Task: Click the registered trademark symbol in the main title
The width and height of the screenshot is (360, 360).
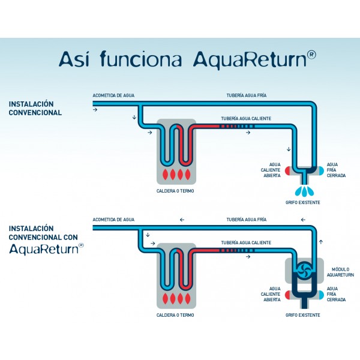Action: tap(311, 55)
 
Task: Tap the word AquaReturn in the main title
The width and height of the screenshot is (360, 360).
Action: tap(250, 59)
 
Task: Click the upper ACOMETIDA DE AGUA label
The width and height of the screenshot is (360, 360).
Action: tap(113, 95)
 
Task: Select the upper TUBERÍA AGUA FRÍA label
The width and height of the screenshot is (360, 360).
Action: tap(247, 95)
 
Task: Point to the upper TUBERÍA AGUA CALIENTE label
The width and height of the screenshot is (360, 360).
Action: tap(246, 118)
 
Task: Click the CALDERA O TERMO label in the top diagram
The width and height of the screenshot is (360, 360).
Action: tap(175, 191)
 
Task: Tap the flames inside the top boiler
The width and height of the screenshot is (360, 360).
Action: tap(176, 174)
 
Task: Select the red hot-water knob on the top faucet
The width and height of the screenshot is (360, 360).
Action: tap(287, 171)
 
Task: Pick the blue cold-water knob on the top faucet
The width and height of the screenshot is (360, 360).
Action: tap(321, 171)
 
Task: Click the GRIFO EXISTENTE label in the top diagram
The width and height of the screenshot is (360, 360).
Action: tap(302, 203)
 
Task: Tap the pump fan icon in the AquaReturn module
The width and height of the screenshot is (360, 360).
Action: tap(304, 271)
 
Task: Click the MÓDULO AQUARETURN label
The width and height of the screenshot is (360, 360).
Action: tap(340, 272)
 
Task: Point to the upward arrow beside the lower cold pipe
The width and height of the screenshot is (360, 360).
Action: tap(321, 242)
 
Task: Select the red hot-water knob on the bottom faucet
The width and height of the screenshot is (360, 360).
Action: tap(287, 295)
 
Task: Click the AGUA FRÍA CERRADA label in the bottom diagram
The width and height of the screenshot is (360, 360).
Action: tap(336, 294)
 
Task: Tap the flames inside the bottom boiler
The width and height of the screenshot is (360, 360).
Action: tap(176, 298)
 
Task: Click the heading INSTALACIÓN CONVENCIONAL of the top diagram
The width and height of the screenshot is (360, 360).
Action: tap(35, 108)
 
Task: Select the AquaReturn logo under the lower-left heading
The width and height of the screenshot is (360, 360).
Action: tap(46, 249)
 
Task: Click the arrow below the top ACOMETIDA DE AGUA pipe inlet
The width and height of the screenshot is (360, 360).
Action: tap(95, 110)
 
